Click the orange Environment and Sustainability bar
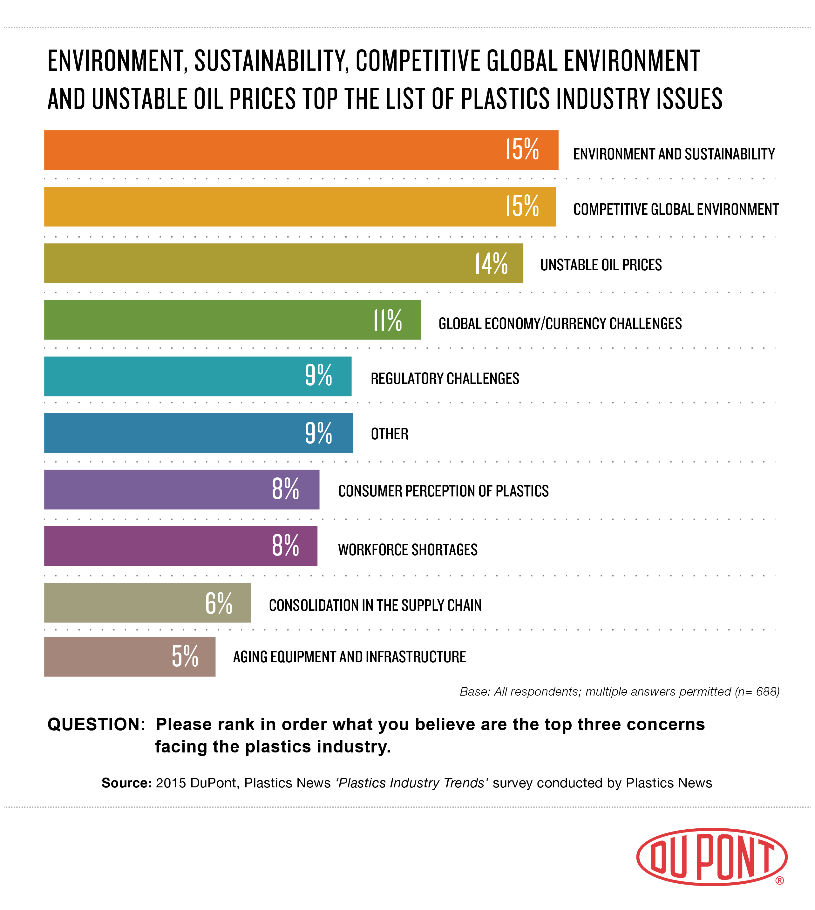(269, 150)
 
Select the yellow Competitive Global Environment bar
(269, 206)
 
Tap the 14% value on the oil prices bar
(491, 263)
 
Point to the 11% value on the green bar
(388, 320)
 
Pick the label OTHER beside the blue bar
(390, 434)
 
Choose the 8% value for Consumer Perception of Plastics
(285, 489)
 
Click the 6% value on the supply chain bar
(219, 603)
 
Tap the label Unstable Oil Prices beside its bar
(601, 265)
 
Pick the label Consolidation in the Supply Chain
(375, 605)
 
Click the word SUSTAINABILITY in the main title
(271, 61)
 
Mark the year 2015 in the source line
(171, 783)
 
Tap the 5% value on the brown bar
(185, 657)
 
